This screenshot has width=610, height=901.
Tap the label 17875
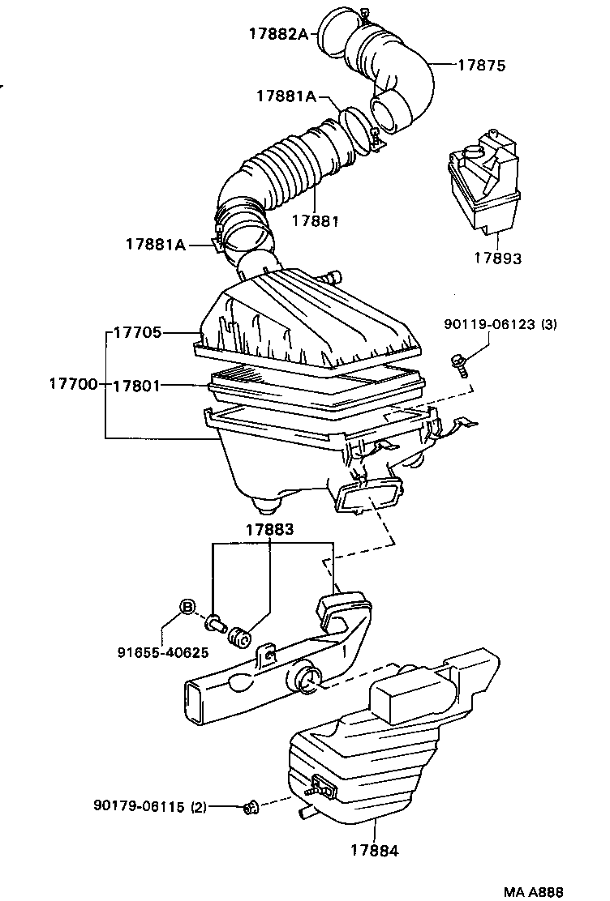[x=481, y=66]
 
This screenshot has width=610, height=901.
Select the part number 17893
[x=497, y=258]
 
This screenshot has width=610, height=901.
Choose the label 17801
[x=137, y=386]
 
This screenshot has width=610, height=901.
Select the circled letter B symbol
[x=187, y=607]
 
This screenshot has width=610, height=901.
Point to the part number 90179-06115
[x=141, y=806]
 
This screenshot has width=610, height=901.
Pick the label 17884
[x=375, y=850]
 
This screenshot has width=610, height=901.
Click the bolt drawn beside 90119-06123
[x=460, y=365]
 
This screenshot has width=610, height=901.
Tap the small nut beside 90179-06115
[x=251, y=806]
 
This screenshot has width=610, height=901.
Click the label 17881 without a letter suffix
[x=314, y=220]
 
